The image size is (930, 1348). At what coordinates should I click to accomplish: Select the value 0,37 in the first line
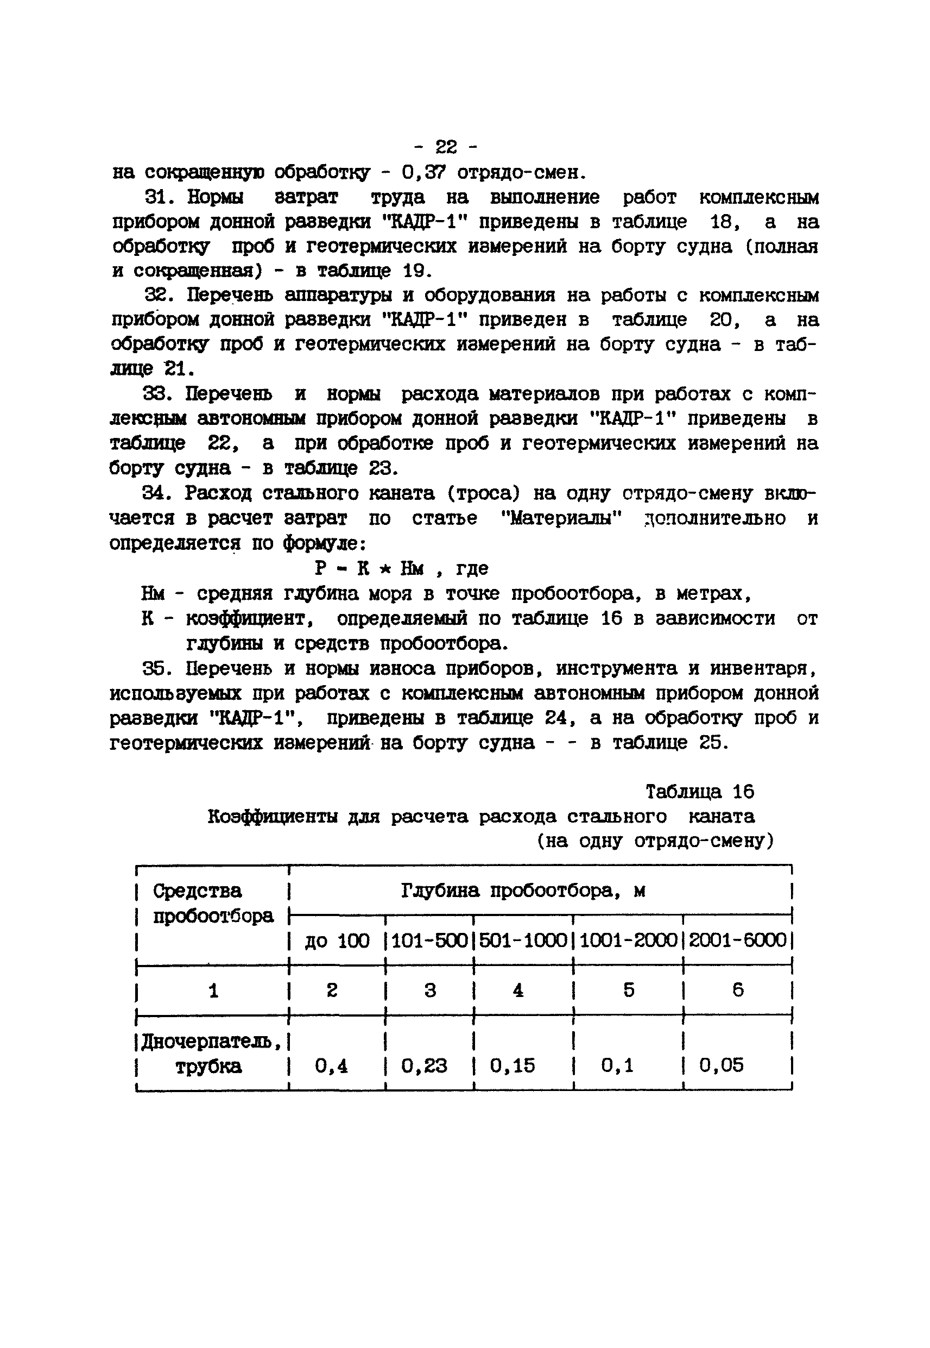click(423, 172)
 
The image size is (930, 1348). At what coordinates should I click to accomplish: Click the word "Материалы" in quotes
click(562, 518)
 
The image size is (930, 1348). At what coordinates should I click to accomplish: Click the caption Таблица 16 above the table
click(699, 791)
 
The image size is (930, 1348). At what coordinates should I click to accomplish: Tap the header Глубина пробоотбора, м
click(523, 891)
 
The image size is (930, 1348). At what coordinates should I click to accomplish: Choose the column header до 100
click(337, 941)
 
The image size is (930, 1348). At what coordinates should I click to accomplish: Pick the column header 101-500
click(429, 941)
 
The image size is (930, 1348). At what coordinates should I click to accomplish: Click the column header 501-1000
click(523, 941)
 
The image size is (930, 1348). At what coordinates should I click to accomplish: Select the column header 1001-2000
click(628, 941)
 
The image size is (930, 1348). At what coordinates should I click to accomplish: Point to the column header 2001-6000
click(737, 941)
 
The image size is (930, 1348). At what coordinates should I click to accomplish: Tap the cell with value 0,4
click(331, 1066)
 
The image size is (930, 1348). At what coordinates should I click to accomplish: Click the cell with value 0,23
click(424, 1066)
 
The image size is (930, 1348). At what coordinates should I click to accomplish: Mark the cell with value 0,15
click(512, 1066)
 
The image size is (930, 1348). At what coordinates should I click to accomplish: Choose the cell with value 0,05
click(722, 1066)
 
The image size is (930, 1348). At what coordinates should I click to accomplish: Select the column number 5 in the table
click(629, 990)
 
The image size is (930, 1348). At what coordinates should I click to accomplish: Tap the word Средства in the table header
click(197, 891)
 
